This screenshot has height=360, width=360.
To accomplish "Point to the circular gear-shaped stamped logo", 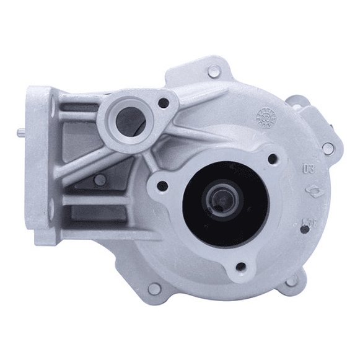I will pyautogui.click(x=266, y=116).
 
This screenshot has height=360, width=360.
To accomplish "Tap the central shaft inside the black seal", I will pyautogui.click(x=222, y=202).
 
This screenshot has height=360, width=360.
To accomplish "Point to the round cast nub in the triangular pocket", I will pyautogui.click(x=100, y=180).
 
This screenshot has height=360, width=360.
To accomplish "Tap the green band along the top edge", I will pyautogui.click(x=180, y=20).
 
